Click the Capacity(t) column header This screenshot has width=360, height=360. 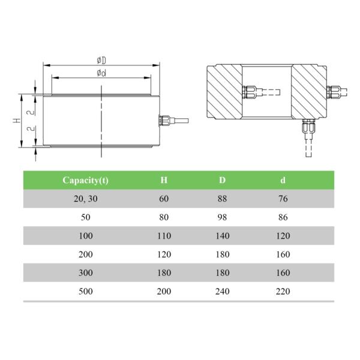pyautogui.click(x=85, y=180)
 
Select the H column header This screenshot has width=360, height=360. pyautogui.click(x=164, y=180)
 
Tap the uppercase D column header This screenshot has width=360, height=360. pyautogui.click(x=222, y=180)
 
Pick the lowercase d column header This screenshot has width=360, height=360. pyautogui.click(x=283, y=180)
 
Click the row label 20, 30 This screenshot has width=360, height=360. pyautogui.click(x=85, y=198)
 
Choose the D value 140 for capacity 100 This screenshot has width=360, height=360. pyautogui.click(x=222, y=236)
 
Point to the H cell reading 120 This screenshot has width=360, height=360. pyautogui.click(x=164, y=254)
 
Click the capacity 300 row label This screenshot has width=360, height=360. pyautogui.click(x=85, y=273)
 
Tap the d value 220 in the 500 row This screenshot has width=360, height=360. pyautogui.click(x=283, y=292)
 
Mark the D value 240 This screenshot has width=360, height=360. pyautogui.click(x=222, y=292)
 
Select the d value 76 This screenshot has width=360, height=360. pyautogui.click(x=283, y=198)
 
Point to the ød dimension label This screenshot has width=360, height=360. pyautogui.click(x=101, y=73)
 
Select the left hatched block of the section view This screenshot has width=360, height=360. pyautogui.click(x=224, y=92)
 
